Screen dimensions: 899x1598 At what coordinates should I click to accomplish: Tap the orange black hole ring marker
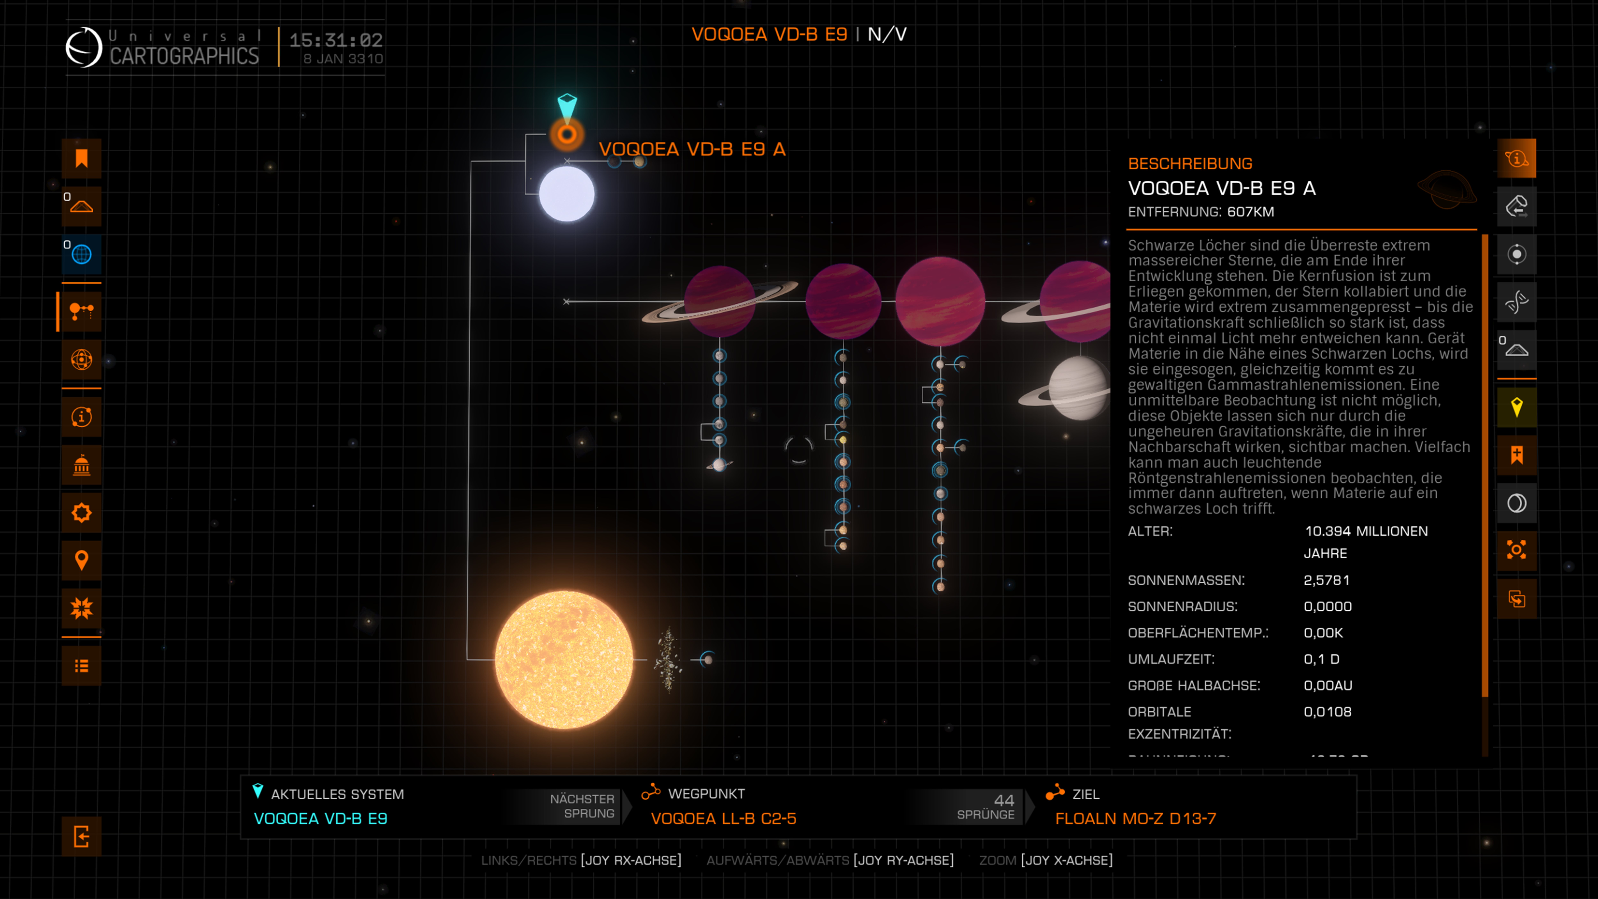tap(566, 134)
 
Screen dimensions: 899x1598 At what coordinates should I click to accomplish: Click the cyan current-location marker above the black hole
tap(567, 105)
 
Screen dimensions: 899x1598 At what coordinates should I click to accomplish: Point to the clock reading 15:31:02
tap(336, 40)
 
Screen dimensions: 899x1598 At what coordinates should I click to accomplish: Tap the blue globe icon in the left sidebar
tap(81, 254)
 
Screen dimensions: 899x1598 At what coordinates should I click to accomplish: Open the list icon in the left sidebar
tap(81, 666)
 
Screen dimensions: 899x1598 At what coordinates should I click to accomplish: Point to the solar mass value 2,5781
tap(1326, 580)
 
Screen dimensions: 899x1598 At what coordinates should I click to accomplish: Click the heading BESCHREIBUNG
tap(1190, 164)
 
